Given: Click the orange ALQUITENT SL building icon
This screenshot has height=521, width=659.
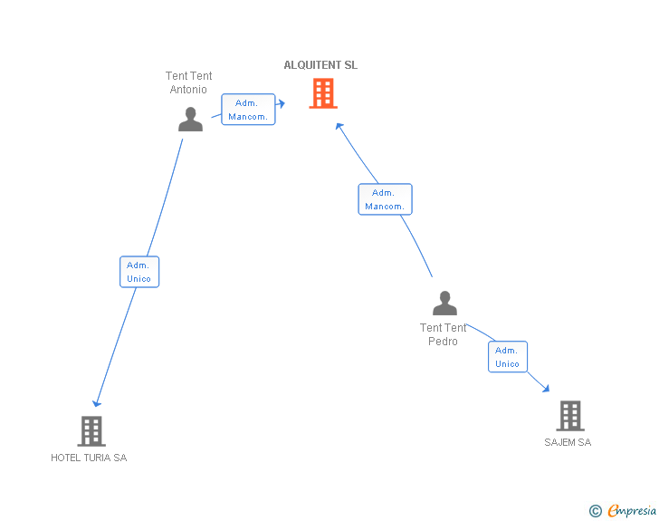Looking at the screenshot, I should point(323,93).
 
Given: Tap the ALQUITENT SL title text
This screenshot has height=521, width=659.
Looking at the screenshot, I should point(320,65).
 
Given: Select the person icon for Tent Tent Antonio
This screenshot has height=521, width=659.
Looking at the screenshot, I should point(190,120).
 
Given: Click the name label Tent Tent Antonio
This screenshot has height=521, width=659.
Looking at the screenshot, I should point(189,82).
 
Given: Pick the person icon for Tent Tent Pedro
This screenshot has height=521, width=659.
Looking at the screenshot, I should point(444,303).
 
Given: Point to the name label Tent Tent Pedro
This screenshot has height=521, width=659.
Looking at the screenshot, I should point(444,334).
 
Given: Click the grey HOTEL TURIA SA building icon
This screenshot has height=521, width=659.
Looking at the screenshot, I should point(91,431).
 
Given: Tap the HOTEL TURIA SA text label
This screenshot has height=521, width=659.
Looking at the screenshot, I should point(89,458).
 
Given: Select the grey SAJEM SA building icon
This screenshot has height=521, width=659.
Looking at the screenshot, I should point(569,416).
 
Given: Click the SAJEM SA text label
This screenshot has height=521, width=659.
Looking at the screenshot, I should point(568,442).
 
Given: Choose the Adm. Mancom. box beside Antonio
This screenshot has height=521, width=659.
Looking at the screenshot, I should point(248,110).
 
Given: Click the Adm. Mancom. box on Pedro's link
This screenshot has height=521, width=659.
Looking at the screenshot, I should point(385,199).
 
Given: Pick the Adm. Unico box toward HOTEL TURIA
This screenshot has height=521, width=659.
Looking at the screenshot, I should point(139,272).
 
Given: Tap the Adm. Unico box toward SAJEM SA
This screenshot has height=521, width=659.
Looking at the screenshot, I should point(507,357).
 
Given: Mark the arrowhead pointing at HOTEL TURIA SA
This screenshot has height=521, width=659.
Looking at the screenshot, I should point(97,403).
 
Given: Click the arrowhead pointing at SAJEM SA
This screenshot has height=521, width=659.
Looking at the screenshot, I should point(545,388).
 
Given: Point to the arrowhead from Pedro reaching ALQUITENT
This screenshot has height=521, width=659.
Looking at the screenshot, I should point(339,126).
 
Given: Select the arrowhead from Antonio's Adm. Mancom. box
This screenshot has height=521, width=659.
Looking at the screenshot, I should point(282,104).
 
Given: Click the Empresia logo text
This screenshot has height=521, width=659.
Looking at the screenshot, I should point(632,511).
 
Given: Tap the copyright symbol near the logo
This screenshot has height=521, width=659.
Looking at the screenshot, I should point(596,511).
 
